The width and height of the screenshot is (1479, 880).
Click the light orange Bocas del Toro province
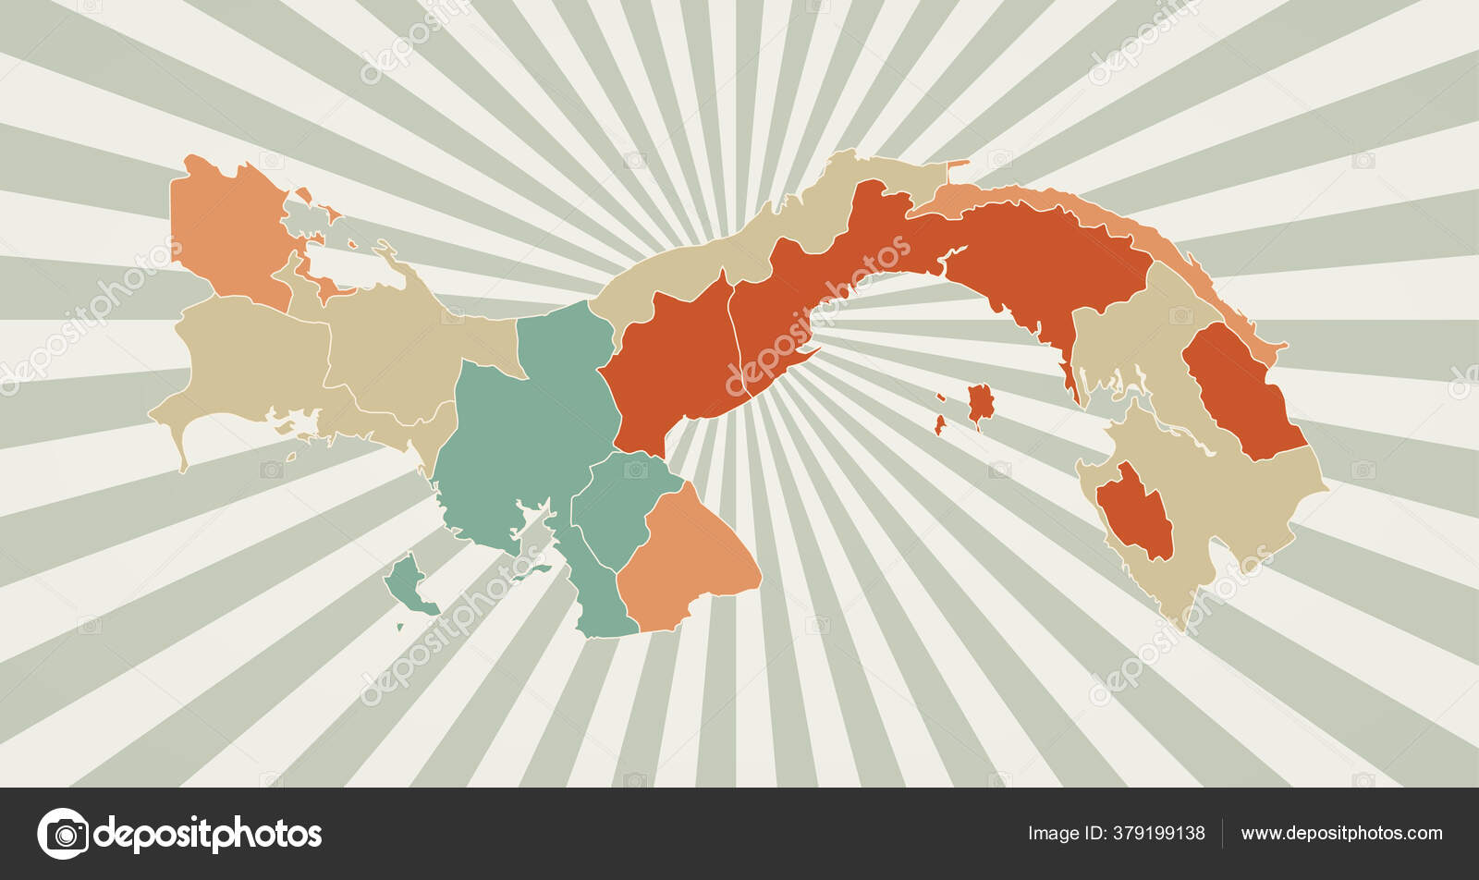point(226,231)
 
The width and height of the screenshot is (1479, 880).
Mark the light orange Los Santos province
point(689,555)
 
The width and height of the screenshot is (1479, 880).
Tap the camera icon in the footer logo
point(63,834)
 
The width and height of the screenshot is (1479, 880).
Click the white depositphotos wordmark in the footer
point(208,834)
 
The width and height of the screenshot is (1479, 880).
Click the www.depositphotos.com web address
point(1341,833)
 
